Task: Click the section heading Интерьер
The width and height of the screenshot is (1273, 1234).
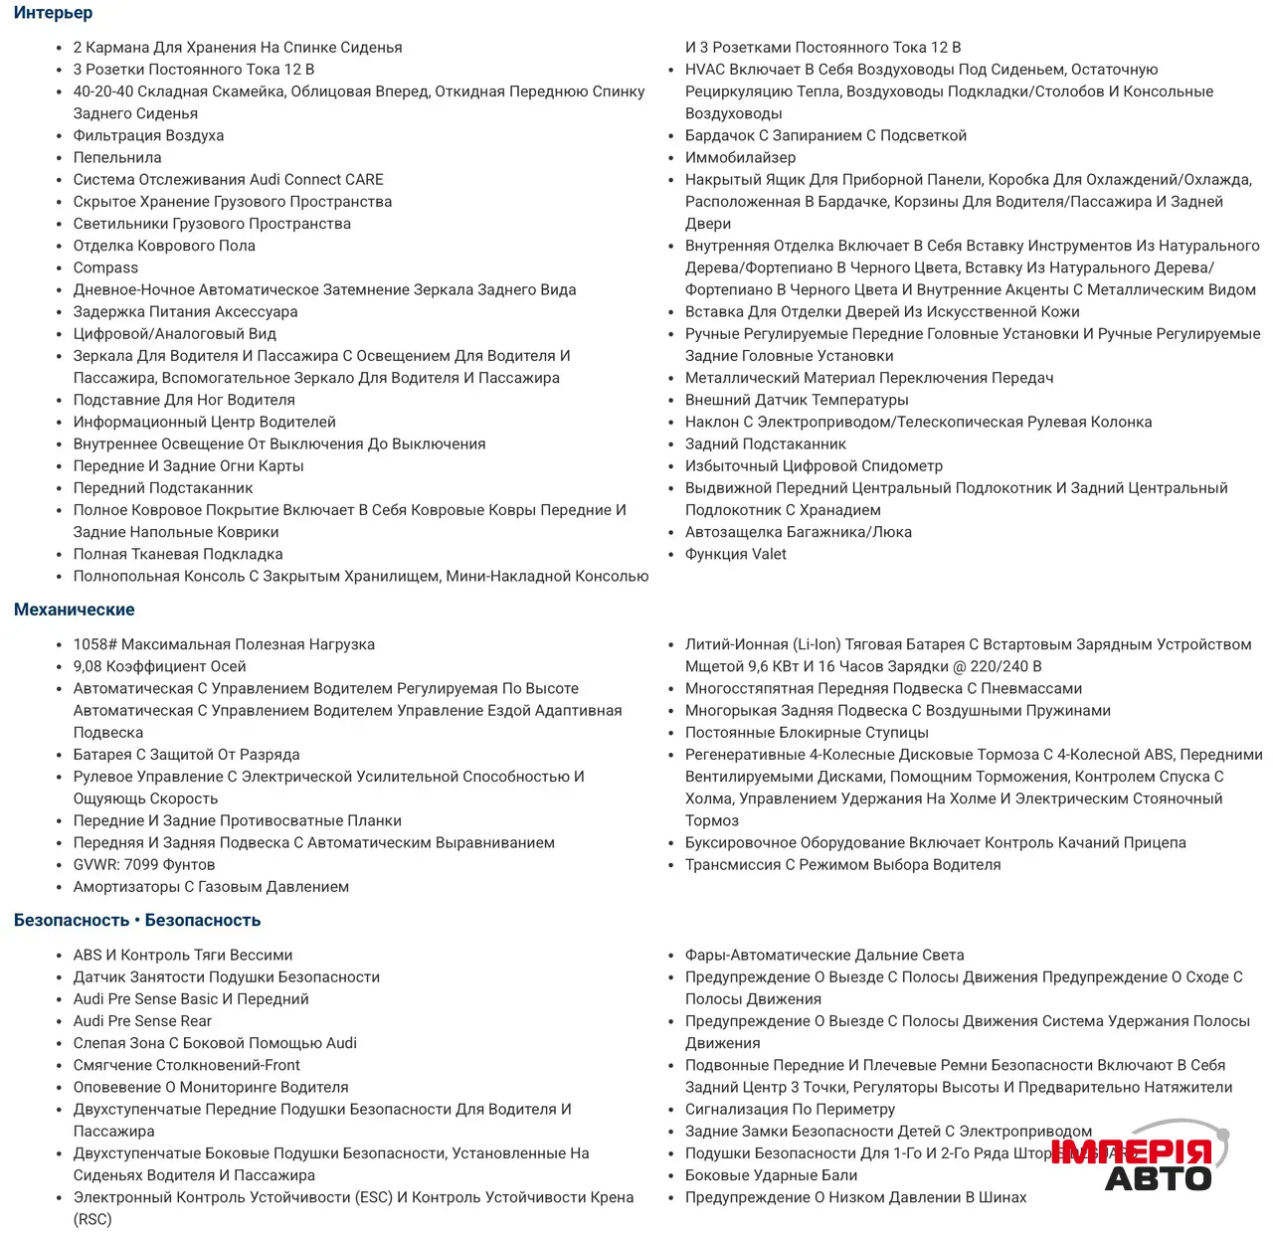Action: pos(53,13)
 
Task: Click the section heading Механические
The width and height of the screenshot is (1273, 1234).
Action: pos(74,610)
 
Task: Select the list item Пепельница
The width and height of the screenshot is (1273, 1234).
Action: pos(117,157)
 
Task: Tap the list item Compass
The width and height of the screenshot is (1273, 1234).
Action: pos(105,267)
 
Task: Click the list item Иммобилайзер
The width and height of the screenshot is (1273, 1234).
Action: pos(740,157)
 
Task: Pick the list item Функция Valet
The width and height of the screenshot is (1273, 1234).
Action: pos(735,554)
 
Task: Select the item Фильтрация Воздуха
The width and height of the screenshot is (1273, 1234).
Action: pos(148,135)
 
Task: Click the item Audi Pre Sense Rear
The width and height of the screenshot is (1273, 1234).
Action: pos(142,1020)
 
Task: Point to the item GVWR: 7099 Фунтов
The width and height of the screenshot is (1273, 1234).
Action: pos(144,864)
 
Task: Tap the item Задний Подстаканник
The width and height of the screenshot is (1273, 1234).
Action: pos(765,443)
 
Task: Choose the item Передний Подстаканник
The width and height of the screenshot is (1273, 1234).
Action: pos(163,487)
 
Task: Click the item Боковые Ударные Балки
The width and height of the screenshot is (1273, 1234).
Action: pos(771,1174)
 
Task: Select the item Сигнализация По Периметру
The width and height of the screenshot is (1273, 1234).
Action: pos(790,1109)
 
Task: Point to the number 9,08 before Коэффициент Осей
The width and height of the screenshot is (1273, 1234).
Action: pos(88,666)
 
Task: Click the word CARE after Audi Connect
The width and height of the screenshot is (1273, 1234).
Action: pos(364,179)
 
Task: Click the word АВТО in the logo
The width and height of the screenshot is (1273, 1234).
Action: pos(1158,1179)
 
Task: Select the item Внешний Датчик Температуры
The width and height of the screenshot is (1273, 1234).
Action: pos(797,400)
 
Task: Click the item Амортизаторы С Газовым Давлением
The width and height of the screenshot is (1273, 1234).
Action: pos(211,886)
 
